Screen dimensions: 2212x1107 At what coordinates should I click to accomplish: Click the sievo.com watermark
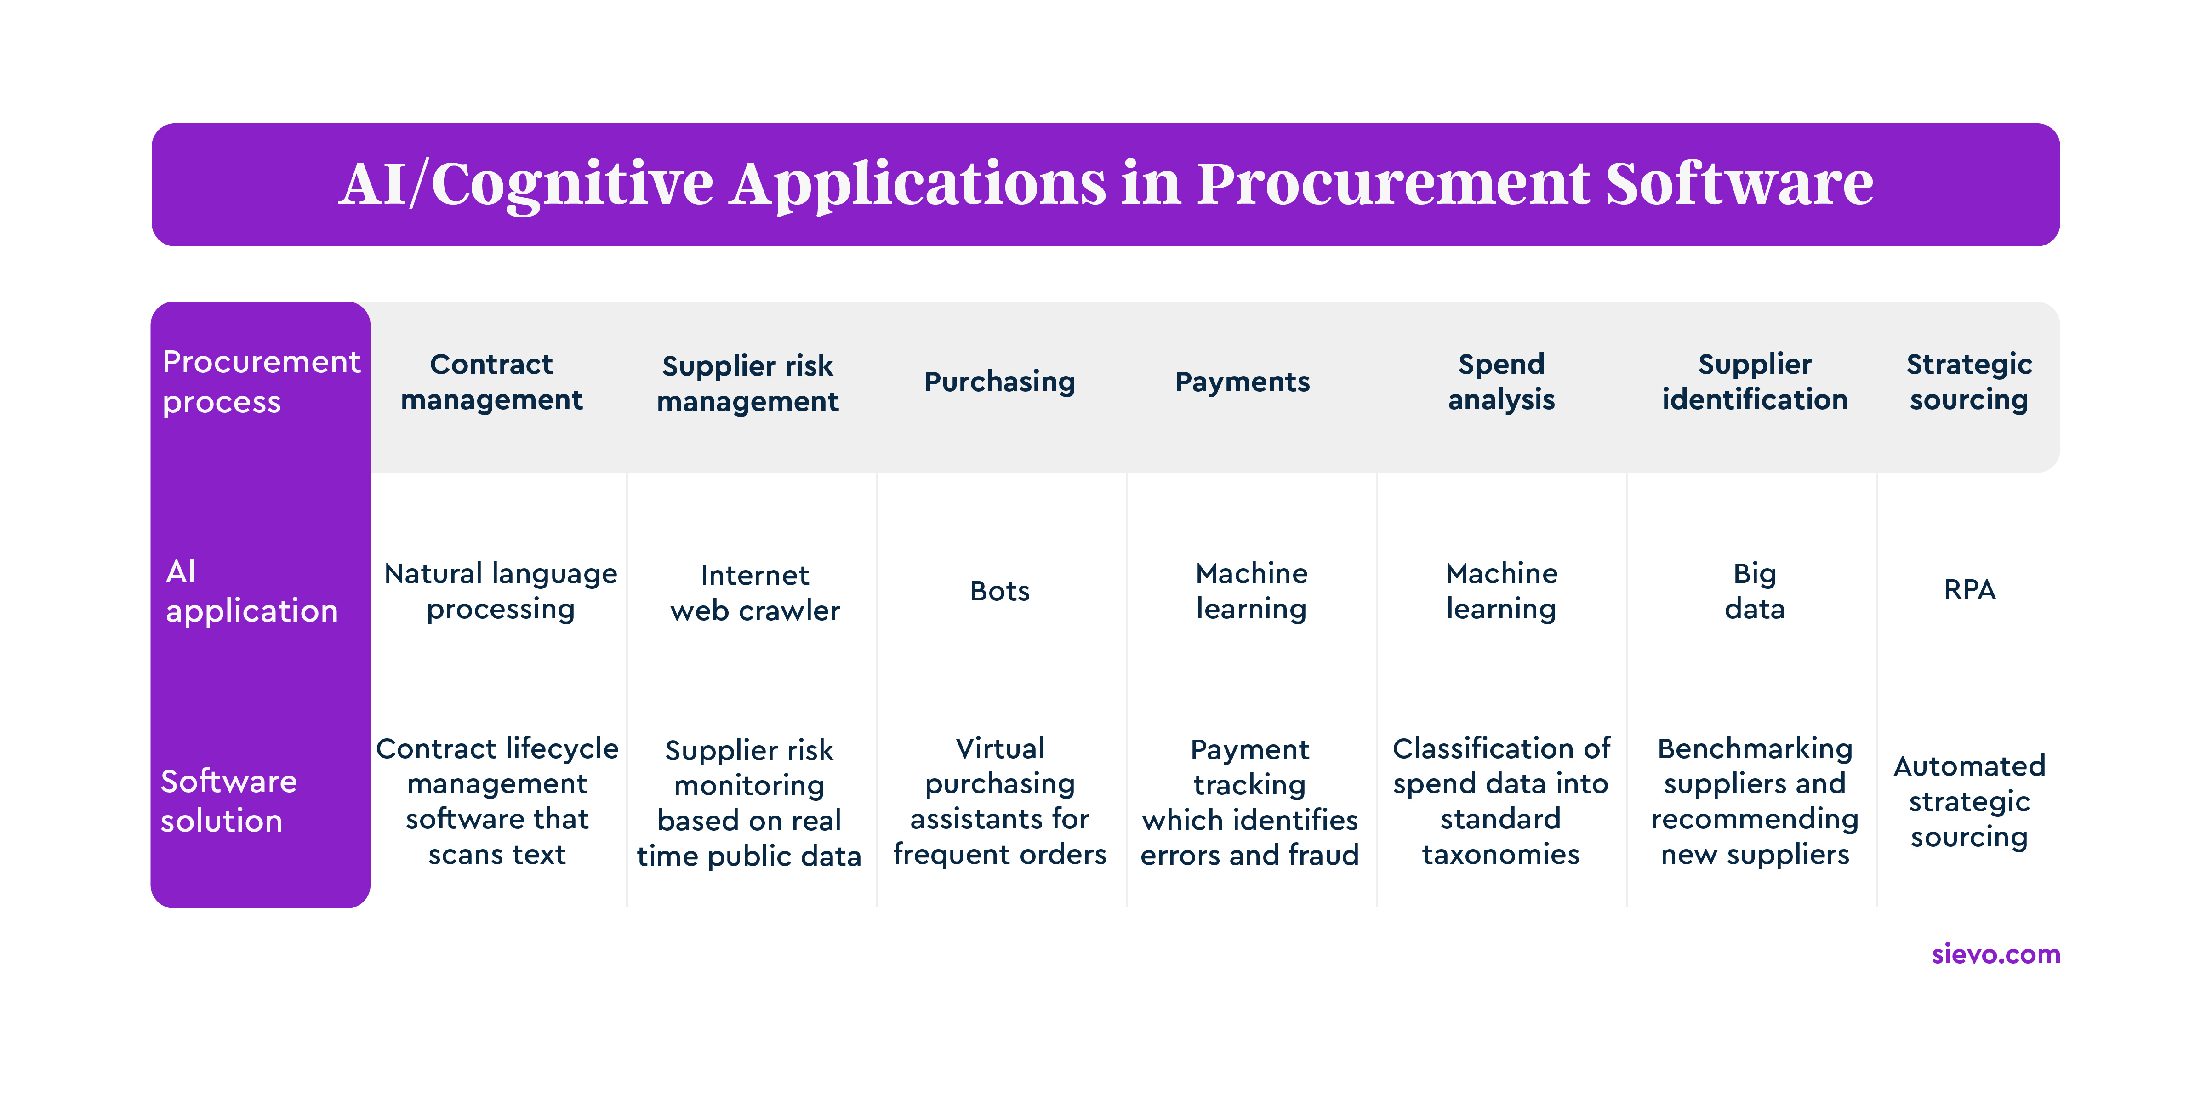tap(1995, 953)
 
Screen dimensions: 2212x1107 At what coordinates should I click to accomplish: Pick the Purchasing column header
tap(999, 381)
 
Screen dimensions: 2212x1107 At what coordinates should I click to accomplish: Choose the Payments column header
tap(1243, 381)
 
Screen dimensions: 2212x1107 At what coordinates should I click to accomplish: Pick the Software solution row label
tap(228, 800)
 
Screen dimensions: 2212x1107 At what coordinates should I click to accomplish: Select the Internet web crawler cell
tap(755, 593)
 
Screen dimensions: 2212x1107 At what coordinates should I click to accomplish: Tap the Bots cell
tap(999, 591)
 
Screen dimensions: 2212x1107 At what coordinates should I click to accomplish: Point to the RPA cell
tap(1969, 589)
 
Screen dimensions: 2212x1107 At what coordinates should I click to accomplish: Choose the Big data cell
tap(1754, 591)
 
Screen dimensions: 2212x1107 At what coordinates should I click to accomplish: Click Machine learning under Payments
tap(1251, 591)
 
